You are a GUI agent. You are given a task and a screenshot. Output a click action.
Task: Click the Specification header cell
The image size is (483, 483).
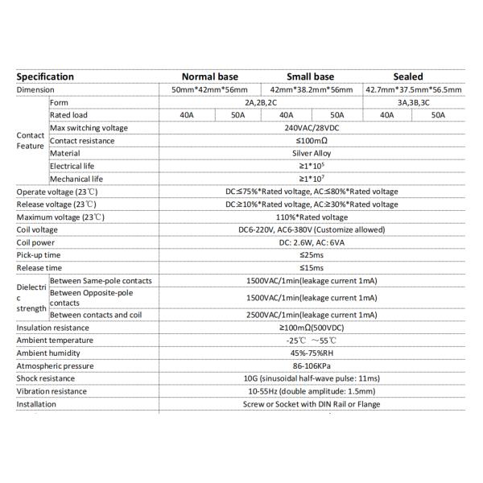(46, 76)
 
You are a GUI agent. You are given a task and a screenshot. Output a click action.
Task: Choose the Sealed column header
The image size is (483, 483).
(408, 76)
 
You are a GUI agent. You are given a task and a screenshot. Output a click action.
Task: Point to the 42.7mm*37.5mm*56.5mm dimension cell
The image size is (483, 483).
(414, 89)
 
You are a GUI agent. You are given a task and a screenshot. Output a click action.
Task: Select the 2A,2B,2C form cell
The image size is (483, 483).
(262, 102)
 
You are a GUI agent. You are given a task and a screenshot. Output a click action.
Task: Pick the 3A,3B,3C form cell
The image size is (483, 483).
(415, 102)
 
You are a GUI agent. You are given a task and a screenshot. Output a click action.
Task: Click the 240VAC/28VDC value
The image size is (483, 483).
(312, 127)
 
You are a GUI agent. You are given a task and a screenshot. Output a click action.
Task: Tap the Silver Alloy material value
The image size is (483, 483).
(312, 153)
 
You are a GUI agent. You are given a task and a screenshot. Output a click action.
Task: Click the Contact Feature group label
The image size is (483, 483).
(31, 140)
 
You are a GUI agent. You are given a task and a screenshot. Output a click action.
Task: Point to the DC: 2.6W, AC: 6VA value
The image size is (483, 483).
(312, 242)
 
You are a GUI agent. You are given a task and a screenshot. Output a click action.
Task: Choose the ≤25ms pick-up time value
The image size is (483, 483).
(312, 254)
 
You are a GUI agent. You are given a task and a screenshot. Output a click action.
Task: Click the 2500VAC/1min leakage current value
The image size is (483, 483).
(312, 315)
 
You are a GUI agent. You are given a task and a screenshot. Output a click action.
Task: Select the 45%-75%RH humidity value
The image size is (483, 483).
(312, 353)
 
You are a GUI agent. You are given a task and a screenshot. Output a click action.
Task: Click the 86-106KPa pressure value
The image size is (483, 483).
(312, 365)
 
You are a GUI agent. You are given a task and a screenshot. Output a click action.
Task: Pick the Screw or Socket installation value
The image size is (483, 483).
(312, 404)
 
